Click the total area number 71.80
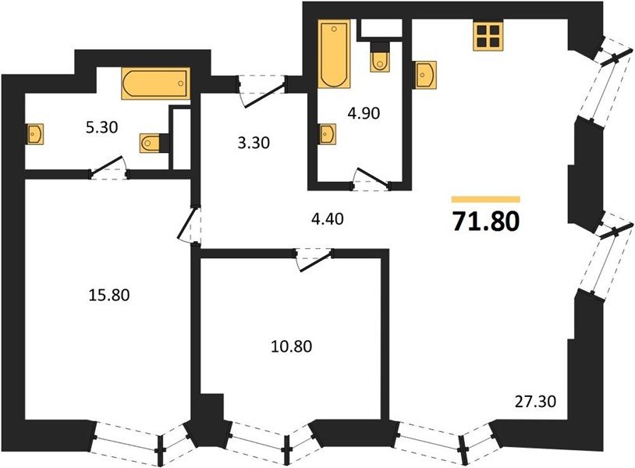(x=485, y=222)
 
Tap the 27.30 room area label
(x=535, y=402)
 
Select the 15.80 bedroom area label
(x=109, y=295)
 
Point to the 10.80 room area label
(x=291, y=346)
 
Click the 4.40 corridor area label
(x=327, y=219)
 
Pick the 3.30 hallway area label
(x=254, y=143)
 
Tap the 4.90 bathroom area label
(x=364, y=113)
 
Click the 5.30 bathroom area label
(x=101, y=127)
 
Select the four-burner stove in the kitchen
(x=488, y=36)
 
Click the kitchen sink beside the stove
(x=425, y=75)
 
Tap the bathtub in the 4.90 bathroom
(x=333, y=54)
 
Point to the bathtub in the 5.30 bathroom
(x=155, y=83)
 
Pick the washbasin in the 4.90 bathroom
(x=327, y=134)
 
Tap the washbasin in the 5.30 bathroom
(x=35, y=133)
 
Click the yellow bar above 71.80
(x=485, y=199)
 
